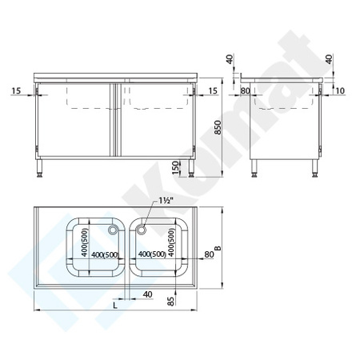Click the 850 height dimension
(217, 128)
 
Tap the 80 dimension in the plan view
(210, 255)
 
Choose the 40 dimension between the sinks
(147, 295)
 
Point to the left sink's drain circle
(113, 230)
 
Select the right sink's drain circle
(142, 230)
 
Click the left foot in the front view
(41, 170)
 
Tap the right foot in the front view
(194, 170)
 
